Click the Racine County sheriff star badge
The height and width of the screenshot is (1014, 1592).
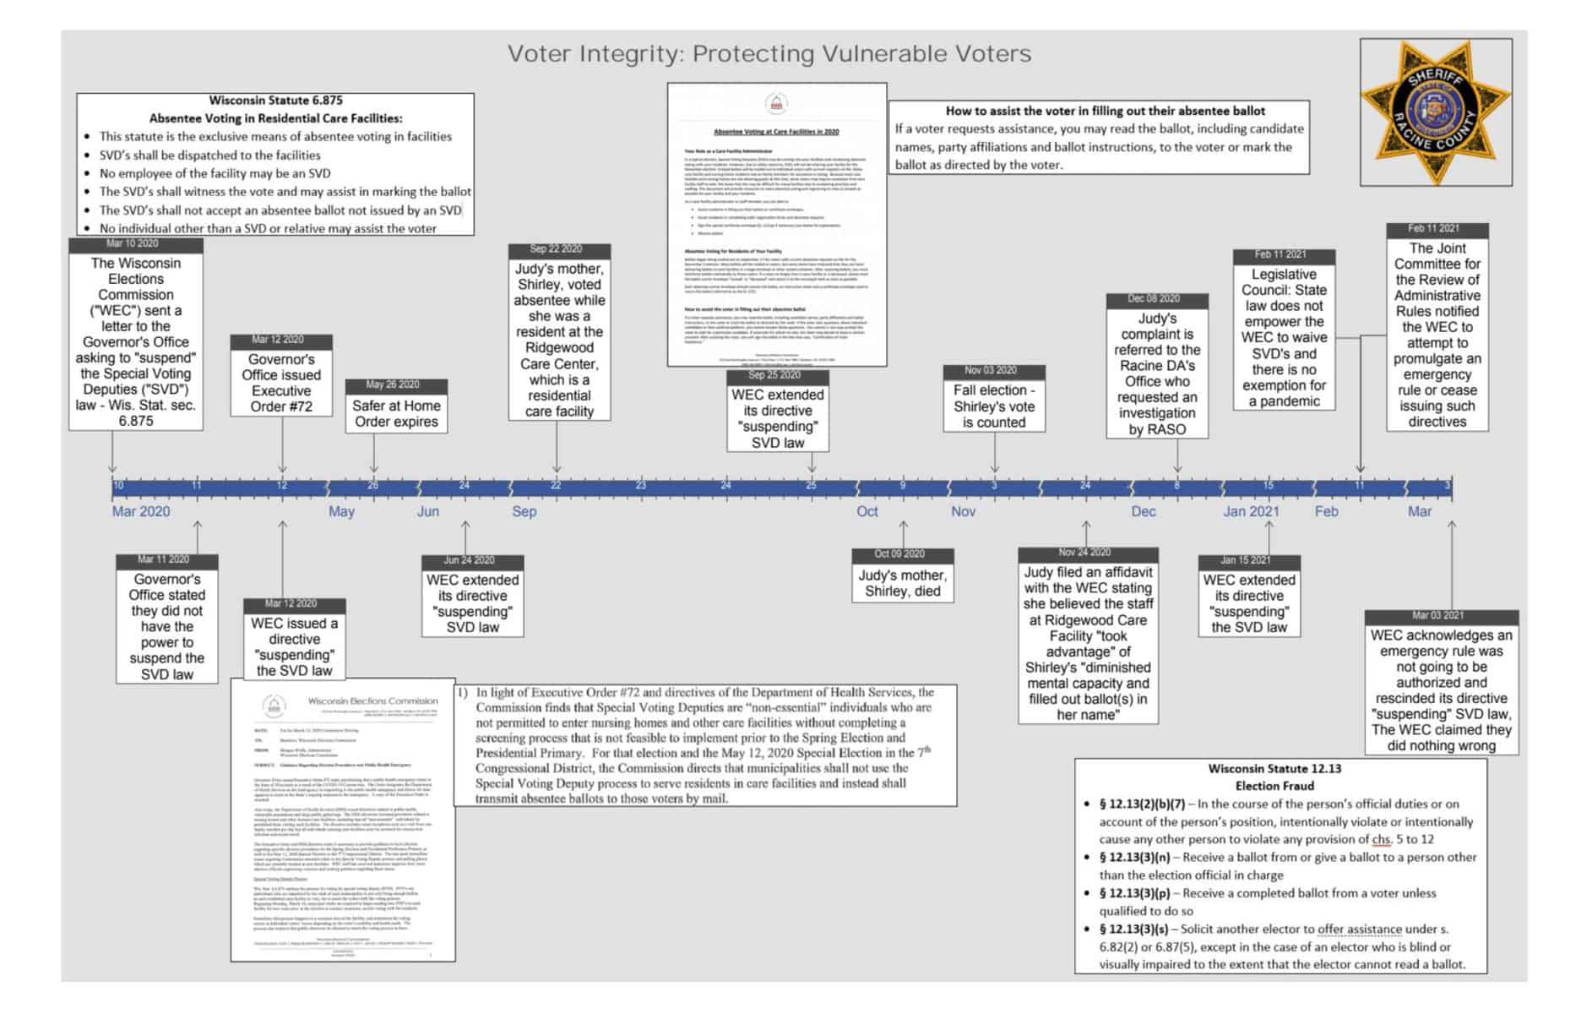[x=1436, y=112]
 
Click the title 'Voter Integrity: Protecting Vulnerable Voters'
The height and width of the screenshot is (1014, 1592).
[x=769, y=54]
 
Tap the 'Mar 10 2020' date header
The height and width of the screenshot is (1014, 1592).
[x=136, y=244]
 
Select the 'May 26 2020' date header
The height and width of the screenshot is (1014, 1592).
[x=396, y=385]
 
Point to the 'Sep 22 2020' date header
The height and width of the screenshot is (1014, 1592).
[x=558, y=249]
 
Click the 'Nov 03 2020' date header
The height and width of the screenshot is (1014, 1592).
[x=994, y=371]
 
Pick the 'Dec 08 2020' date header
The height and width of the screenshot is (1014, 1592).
[x=1157, y=299]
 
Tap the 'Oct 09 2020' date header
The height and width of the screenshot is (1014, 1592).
[x=902, y=554]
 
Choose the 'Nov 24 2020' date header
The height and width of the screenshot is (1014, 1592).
[x=1087, y=553]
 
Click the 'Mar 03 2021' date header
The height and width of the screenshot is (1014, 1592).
[x=1441, y=616]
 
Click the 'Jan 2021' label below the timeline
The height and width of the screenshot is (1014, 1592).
[x=1251, y=511]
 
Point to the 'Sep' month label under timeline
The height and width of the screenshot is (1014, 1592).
[x=524, y=511]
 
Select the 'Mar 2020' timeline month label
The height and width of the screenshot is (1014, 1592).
[x=141, y=511]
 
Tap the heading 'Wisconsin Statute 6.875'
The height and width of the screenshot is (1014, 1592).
[x=275, y=101]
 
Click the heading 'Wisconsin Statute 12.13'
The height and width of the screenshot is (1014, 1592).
[x=1274, y=769]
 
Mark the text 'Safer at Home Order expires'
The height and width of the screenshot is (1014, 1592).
[x=396, y=413]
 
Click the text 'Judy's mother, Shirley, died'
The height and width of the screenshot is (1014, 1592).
[x=902, y=583]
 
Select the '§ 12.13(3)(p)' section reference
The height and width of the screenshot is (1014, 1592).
[x=1134, y=893]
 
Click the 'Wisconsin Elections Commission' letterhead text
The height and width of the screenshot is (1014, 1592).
[x=372, y=701]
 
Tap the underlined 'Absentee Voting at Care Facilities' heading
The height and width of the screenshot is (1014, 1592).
[x=776, y=132]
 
